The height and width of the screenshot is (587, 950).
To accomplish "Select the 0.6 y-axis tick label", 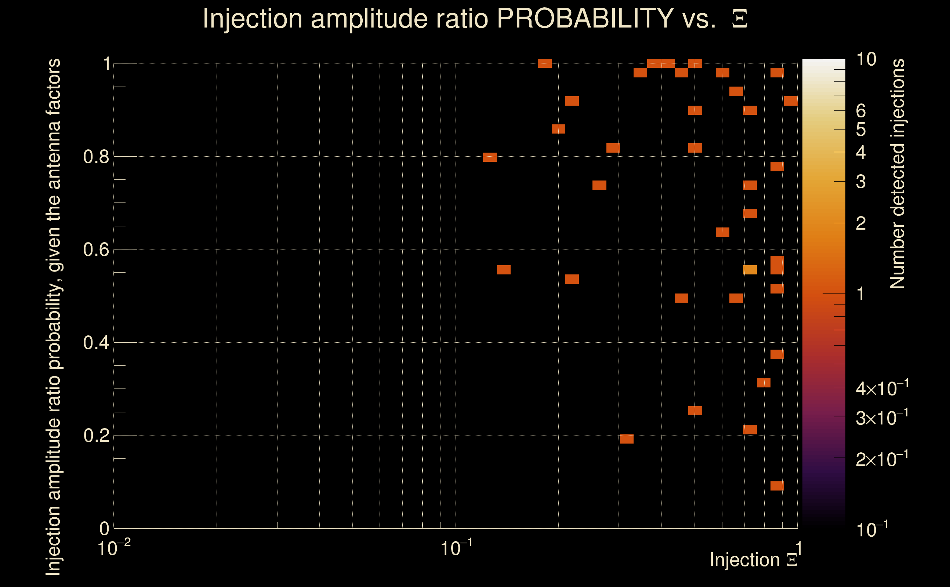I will tap(96, 249).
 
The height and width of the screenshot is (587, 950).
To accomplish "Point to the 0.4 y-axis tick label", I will tap(96, 342).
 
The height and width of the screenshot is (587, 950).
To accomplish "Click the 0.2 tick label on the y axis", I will tap(96, 435).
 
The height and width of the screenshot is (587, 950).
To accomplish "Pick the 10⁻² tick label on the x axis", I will tap(114, 548).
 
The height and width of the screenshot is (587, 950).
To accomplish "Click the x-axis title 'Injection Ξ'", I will tap(754, 560).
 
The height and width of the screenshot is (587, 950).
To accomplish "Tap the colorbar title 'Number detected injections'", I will tap(897, 174).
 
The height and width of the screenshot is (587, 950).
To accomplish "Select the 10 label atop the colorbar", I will tap(866, 59).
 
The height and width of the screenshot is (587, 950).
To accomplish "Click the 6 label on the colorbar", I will tap(861, 111).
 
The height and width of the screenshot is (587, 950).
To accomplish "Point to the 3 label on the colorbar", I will tap(861, 181).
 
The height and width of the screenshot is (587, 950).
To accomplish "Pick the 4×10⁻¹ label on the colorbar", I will tap(882, 388).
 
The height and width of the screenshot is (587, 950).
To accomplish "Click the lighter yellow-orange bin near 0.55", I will tap(750, 270).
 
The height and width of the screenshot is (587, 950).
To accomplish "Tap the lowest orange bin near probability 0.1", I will tap(777, 486).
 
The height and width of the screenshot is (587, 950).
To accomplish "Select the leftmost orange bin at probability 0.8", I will tap(490, 157).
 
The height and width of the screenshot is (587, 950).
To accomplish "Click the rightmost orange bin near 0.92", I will tap(791, 101).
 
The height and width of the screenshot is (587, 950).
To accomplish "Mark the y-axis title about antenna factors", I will tap(54, 316).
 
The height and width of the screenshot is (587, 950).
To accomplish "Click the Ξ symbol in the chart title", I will tap(740, 19).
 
